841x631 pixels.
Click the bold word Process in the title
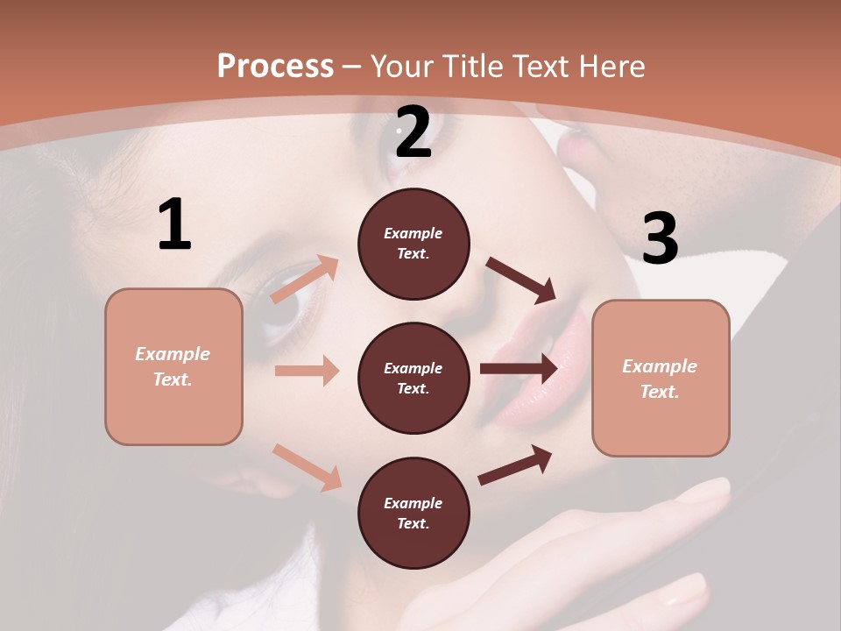coord(275,66)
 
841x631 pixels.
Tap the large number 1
coord(174,225)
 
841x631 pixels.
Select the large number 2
coord(413,132)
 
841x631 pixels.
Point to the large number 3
coord(660,238)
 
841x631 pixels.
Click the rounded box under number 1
coord(173,366)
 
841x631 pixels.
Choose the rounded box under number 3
coord(661,378)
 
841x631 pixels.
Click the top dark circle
coord(413,244)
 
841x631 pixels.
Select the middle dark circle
coord(413,378)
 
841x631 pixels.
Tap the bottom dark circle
coord(413,513)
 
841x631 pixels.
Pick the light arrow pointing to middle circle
coord(307,371)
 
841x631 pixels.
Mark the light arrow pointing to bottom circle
coord(307,467)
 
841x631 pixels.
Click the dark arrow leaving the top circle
coord(520,280)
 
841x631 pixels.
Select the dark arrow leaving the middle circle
coord(519,369)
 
